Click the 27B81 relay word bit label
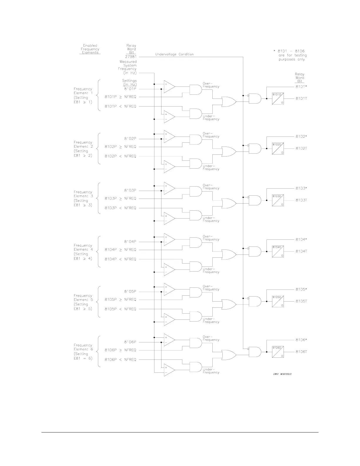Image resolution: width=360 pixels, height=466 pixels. pyautogui.click(x=131, y=56)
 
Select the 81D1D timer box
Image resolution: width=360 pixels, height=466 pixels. pyautogui.click(x=278, y=99)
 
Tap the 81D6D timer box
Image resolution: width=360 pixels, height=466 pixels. pyautogui.click(x=278, y=352)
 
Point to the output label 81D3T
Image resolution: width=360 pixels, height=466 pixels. pyautogui.click(x=301, y=200)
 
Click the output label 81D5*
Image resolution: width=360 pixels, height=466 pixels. pyautogui.click(x=301, y=289)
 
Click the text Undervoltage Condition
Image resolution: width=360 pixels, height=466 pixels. pyautogui.click(x=174, y=54)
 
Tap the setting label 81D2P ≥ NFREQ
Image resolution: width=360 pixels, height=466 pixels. pyautogui.click(x=121, y=147)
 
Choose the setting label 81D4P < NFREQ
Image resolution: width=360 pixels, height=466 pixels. pyautogui.click(x=121, y=259)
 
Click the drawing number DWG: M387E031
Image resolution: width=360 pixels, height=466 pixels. pyautogui.click(x=282, y=375)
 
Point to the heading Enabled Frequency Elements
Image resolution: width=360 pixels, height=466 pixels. pyautogui.click(x=90, y=49)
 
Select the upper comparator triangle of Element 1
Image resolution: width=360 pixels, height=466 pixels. pyautogui.click(x=169, y=86)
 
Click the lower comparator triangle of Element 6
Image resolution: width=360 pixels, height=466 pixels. pyautogui.click(x=169, y=370)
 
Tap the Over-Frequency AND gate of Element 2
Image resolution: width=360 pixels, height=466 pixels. pyautogui.click(x=196, y=139)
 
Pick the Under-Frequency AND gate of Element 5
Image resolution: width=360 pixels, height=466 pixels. pyautogui.click(x=196, y=317)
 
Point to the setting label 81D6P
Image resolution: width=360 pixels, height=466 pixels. pyautogui.click(x=130, y=342)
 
